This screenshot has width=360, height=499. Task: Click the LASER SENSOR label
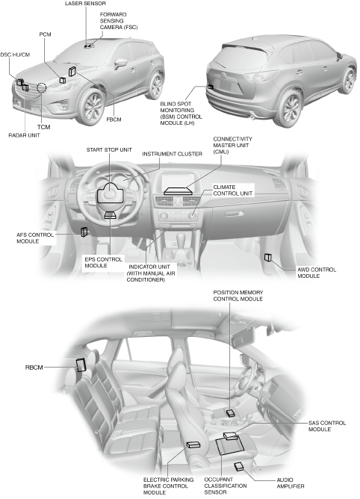click(85, 4)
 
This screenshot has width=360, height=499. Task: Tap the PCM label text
click(46, 34)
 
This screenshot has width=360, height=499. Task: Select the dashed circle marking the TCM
click(41, 87)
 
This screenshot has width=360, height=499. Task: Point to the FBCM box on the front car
click(72, 72)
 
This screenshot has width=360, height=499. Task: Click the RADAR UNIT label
click(24, 135)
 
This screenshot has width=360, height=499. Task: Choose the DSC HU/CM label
click(15, 55)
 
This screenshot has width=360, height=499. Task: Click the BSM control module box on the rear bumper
click(211, 87)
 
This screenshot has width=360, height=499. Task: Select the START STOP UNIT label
click(109, 150)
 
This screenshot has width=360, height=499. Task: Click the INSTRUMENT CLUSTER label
click(172, 154)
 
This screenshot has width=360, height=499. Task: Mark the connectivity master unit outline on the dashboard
click(179, 190)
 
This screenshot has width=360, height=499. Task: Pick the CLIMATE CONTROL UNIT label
click(233, 190)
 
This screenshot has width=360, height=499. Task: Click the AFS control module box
click(84, 232)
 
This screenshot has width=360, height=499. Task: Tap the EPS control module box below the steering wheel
click(110, 215)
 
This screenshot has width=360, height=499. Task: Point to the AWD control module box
click(268, 258)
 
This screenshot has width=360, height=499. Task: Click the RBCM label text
click(34, 368)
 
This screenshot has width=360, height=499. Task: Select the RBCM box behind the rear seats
click(81, 365)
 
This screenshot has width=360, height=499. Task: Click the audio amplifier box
click(239, 467)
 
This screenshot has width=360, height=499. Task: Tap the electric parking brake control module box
click(193, 444)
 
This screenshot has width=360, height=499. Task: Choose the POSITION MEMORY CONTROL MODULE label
click(238, 296)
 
